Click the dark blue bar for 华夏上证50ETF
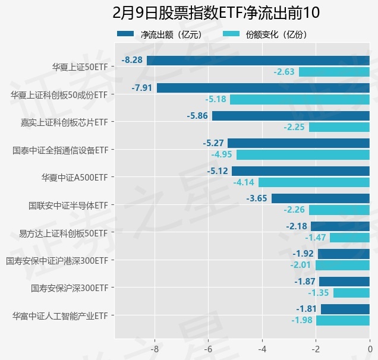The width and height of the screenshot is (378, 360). (258, 61)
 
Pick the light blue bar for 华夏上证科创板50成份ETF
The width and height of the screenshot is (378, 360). (300, 99)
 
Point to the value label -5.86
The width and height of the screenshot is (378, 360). (197, 116)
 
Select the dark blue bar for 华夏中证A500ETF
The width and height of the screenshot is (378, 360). (301, 171)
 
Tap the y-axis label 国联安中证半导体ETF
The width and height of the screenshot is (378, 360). (68, 206)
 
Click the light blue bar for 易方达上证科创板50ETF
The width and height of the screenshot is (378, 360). (349, 238)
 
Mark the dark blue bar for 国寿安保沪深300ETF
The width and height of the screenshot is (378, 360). (344, 282)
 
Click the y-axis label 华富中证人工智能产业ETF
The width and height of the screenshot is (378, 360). (60, 315)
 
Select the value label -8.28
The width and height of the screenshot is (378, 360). (132, 60)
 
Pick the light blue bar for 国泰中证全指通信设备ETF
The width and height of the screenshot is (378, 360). (303, 155)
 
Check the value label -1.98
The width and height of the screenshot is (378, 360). (302, 321)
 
